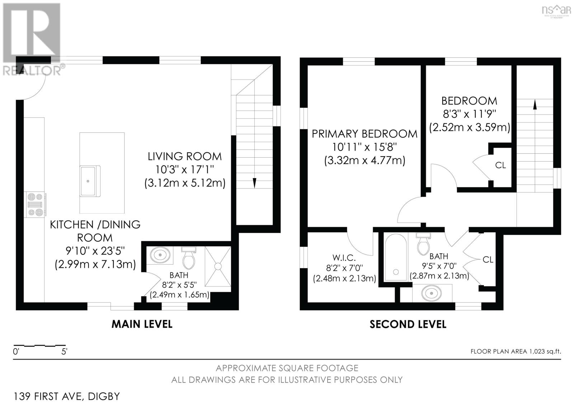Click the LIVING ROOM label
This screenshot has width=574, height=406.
185,156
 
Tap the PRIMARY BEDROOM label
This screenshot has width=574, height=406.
364,134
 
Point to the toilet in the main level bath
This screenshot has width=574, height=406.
188,257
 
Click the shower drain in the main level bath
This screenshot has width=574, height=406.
218,266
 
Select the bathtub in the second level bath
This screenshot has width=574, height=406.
395,257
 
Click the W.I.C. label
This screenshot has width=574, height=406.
344,257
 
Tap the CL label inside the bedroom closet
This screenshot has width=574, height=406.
500,165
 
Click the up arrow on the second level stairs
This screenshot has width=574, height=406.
535,104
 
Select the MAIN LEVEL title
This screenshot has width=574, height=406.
142,324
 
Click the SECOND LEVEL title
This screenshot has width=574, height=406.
408,325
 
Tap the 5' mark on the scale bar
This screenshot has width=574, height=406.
64,351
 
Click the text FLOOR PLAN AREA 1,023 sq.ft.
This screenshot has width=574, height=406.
516,351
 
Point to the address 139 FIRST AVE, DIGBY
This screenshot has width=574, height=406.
67,396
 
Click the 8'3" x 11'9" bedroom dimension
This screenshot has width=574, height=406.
469,114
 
